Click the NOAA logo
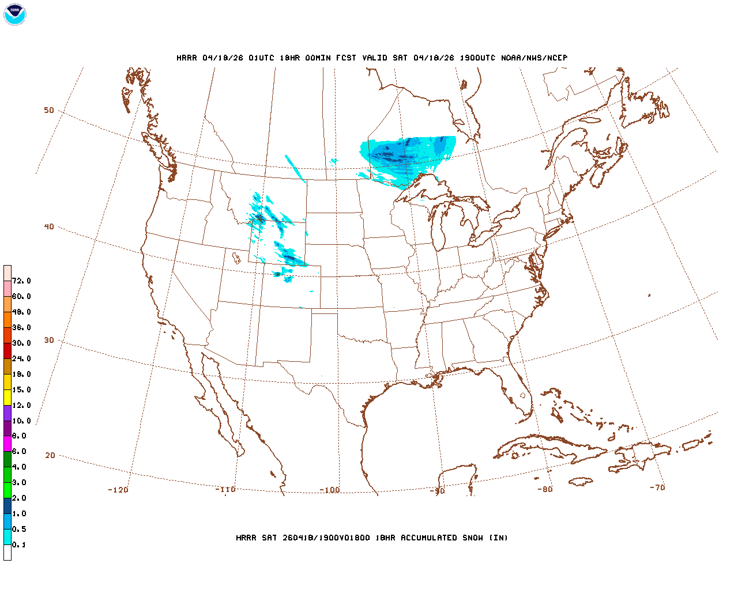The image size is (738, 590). (14, 14)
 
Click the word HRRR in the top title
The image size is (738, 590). (187, 58)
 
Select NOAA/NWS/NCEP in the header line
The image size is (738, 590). (534, 58)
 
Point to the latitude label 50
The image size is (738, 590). (49, 110)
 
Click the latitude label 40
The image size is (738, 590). (49, 226)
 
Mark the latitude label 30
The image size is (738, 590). (49, 340)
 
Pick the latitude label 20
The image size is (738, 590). (50, 455)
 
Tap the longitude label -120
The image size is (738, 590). (118, 490)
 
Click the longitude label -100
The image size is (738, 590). (330, 490)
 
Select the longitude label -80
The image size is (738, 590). (545, 489)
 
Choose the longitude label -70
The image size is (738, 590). (657, 487)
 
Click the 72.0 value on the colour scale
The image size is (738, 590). (21, 281)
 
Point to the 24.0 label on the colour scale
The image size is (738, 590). (21, 358)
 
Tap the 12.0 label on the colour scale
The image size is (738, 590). (21, 405)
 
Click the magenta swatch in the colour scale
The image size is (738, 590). (7, 444)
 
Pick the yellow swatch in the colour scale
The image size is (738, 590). (7, 397)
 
